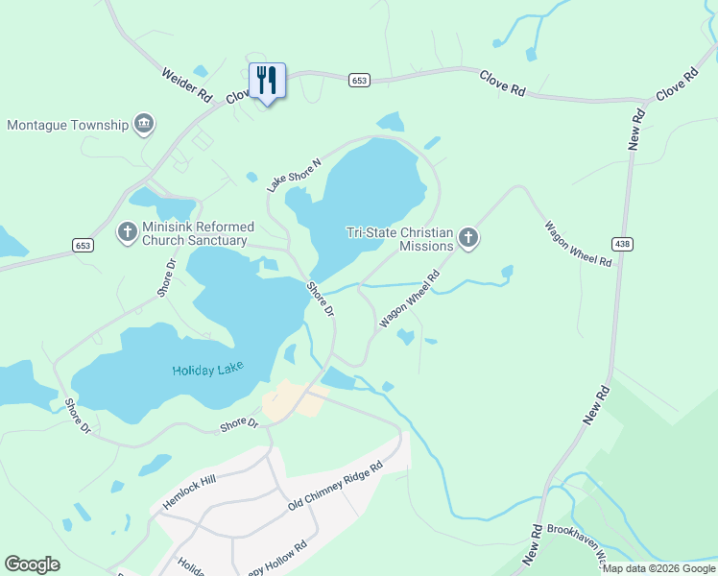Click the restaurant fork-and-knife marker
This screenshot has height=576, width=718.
(x=267, y=81)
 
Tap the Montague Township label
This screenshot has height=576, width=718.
(x=67, y=125)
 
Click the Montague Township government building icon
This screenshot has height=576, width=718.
(x=144, y=124)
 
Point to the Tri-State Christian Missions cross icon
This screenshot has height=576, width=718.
(x=467, y=237)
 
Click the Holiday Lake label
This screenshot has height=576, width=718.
(x=207, y=370)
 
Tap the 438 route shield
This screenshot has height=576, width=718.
(x=622, y=245)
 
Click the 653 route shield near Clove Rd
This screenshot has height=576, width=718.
(x=359, y=81)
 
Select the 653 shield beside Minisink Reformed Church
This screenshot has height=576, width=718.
(x=83, y=246)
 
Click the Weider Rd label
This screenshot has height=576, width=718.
(x=186, y=84)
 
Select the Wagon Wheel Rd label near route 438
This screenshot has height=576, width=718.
(x=578, y=244)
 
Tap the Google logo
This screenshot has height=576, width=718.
(x=32, y=564)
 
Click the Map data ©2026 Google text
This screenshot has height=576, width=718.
(x=658, y=568)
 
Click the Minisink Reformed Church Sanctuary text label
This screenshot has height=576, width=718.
(x=195, y=233)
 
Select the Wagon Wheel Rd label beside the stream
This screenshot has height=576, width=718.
(x=410, y=299)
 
